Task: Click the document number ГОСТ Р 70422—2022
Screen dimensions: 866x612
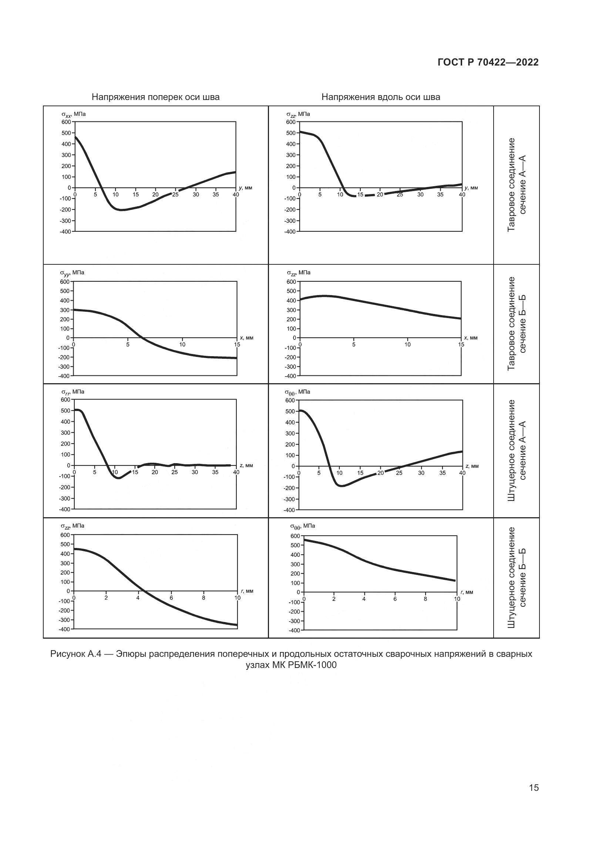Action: pyautogui.click(x=488, y=63)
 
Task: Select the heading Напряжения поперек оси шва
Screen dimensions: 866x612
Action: pyautogui.click(x=156, y=97)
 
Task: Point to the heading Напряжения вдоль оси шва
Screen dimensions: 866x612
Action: pyautogui.click(x=381, y=97)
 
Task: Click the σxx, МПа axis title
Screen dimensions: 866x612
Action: pyautogui.click(x=74, y=114)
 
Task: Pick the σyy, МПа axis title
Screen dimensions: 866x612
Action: pyautogui.click(x=73, y=273)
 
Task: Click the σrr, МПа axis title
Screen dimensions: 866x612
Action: pyautogui.click(x=73, y=392)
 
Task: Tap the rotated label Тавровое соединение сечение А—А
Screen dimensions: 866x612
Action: pyautogui.click(x=516, y=185)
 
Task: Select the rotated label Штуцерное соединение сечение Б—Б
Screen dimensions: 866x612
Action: pyautogui.click(x=516, y=578)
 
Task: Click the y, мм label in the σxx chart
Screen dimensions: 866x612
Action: pyautogui.click(x=245, y=187)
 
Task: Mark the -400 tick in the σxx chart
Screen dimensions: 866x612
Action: pyautogui.click(x=65, y=231)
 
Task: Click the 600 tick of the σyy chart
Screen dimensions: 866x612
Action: pyautogui.click(x=65, y=282)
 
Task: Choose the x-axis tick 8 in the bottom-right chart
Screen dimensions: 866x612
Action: pyautogui.click(x=426, y=599)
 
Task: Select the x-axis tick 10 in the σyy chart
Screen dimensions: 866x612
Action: pyautogui.click(x=182, y=344)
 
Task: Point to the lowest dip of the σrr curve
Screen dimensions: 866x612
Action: pyautogui.click(x=119, y=478)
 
